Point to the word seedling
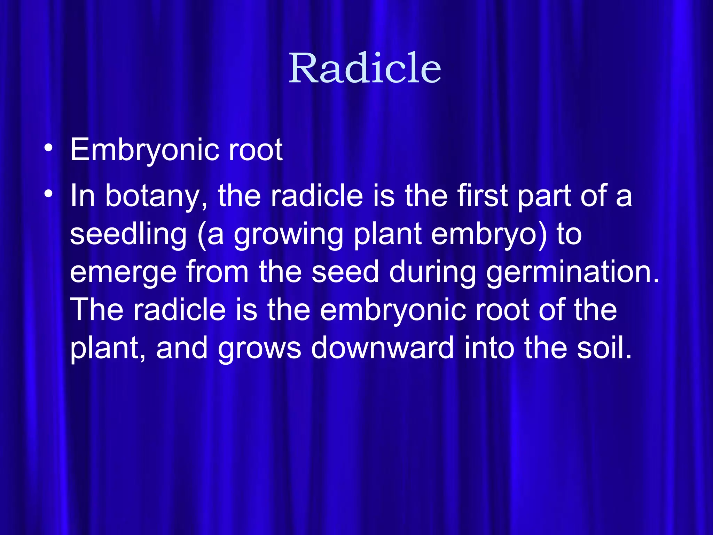(x=128, y=234)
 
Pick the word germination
(x=572, y=272)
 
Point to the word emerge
(x=123, y=272)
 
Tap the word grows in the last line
(x=259, y=348)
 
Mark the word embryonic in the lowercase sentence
(x=392, y=310)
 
